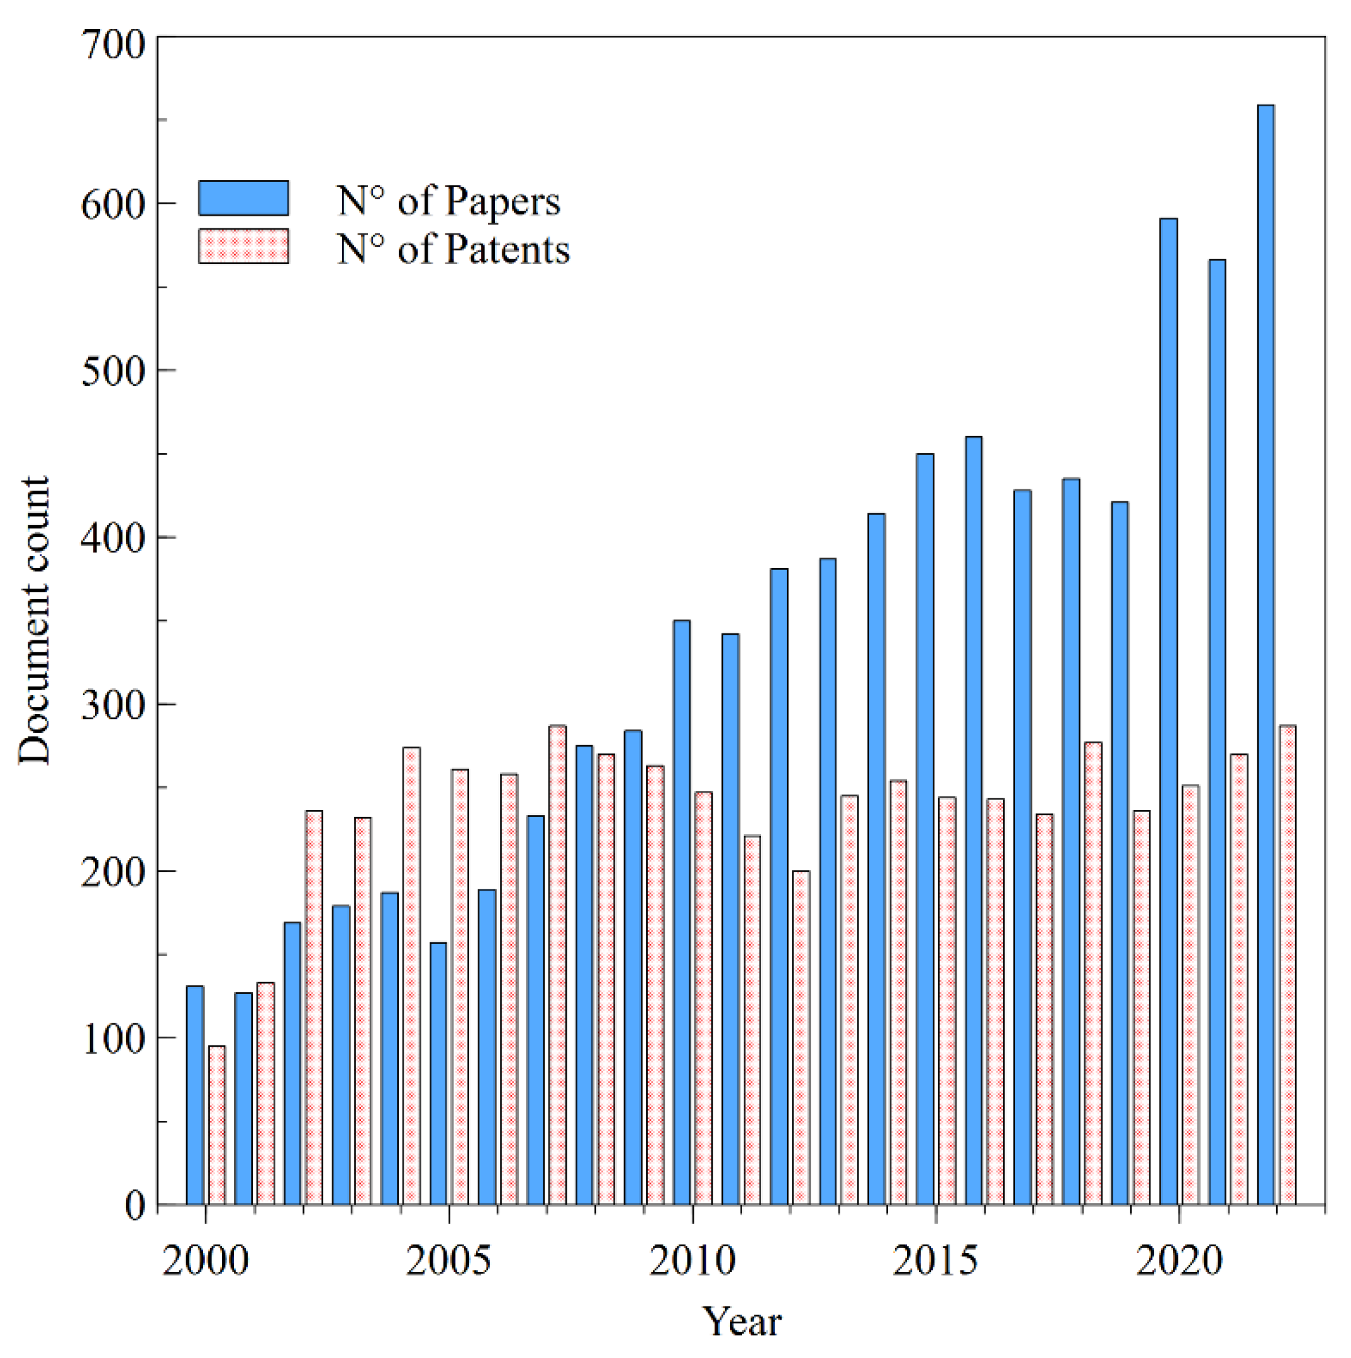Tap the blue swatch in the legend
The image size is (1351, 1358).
tap(243, 198)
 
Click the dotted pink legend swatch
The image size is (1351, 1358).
tap(243, 247)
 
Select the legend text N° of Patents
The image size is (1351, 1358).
tap(453, 249)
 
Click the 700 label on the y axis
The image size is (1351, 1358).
tap(113, 45)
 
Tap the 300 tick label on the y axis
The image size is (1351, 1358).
tap(113, 704)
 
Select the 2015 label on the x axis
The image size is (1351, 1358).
tap(935, 1261)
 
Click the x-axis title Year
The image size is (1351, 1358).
tap(742, 1322)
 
